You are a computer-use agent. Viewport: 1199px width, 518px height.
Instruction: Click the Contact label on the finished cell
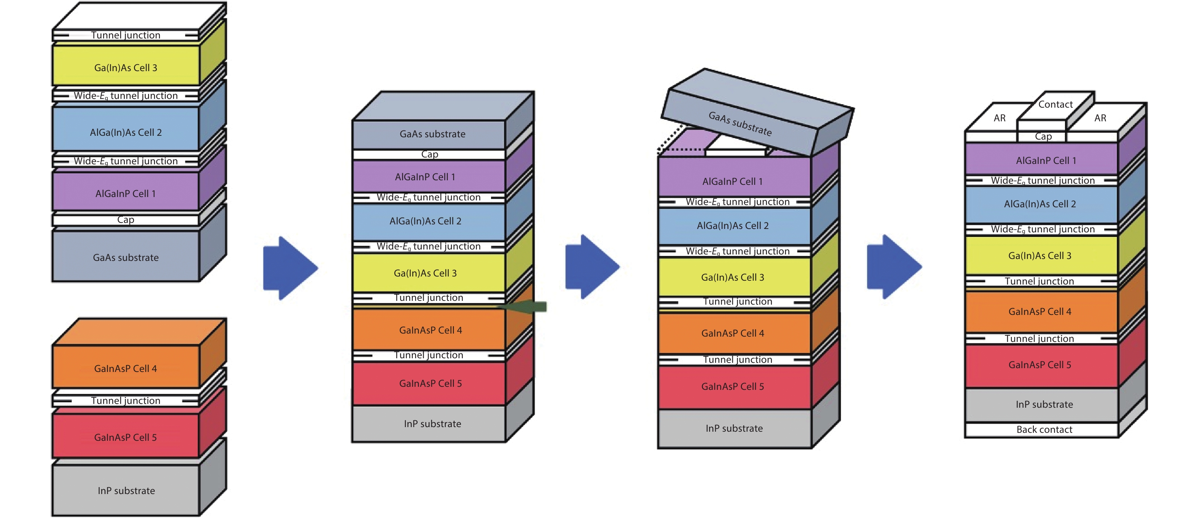[x=1055, y=104]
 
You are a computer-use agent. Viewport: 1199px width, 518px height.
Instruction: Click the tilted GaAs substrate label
[x=740, y=124]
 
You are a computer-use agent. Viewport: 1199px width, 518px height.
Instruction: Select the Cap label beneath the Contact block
[x=1043, y=137]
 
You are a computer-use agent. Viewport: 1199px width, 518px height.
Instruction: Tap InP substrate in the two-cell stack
[x=126, y=491]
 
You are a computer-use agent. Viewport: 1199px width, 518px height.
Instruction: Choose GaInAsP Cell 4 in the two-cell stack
[x=125, y=368]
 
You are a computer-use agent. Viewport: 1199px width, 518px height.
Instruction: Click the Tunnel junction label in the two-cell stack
[x=125, y=400]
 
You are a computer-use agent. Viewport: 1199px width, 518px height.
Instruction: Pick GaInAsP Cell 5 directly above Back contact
[x=1040, y=365]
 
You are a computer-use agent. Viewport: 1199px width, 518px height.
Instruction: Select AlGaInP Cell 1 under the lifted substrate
[x=732, y=181]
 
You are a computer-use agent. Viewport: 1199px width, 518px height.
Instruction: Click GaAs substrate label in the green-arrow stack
[x=432, y=134]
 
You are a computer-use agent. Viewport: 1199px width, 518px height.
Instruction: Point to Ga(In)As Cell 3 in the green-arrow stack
[x=425, y=273]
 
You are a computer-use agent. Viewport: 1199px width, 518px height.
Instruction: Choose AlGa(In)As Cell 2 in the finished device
[x=1040, y=204]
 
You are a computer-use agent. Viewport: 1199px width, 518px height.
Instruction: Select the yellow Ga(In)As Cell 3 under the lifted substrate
[x=732, y=277]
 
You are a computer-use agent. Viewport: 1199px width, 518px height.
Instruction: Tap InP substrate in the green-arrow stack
[x=432, y=424]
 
